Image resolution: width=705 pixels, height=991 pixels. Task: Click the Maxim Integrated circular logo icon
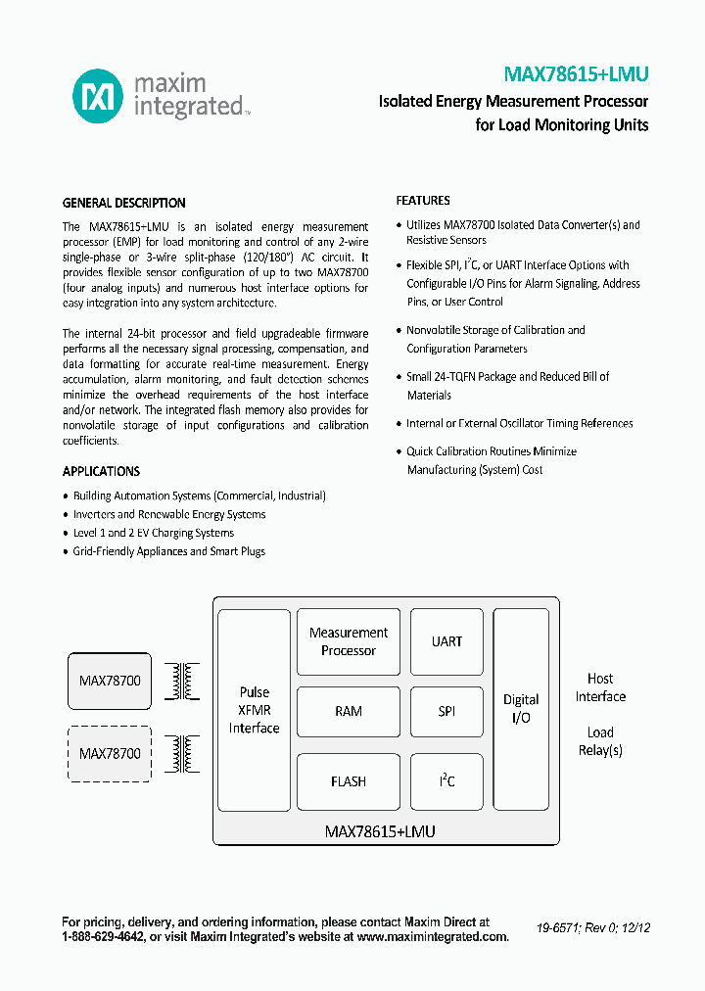tap(99, 95)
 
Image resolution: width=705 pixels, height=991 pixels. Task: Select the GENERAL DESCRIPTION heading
tap(123, 204)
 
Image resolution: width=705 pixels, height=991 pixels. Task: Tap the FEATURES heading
tap(423, 201)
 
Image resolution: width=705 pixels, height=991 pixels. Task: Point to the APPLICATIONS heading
tap(101, 471)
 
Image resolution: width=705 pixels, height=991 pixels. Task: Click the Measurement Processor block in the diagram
tap(349, 641)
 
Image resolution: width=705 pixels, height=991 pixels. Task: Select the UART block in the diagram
tap(446, 641)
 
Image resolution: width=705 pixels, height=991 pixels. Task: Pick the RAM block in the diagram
tap(349, 711)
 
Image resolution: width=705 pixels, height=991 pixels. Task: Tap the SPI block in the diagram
tap(446, 711)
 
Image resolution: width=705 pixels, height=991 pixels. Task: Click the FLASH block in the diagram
tap(349, 781)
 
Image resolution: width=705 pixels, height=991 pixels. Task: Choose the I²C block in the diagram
tap(446, 781)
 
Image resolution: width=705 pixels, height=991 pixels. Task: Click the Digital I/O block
tap(521, 709)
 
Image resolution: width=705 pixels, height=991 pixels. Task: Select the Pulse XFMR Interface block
tap(255, 710)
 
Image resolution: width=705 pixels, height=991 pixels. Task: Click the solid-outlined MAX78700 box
tap(110, 681)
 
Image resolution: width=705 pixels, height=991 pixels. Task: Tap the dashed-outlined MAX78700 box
tap(110, 753)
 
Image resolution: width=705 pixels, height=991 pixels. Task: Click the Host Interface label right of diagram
tap(600, 687)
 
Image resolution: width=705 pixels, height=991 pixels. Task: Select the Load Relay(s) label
tap(600, 741)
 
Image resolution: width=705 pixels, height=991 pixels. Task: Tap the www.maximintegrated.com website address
tap(432, 937)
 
